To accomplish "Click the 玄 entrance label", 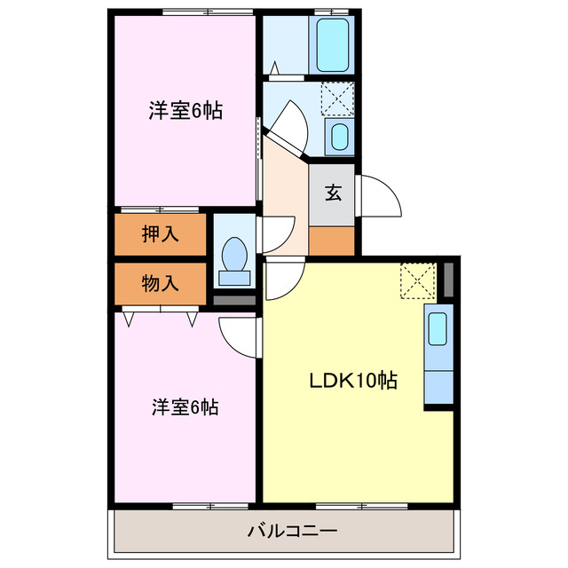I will (333, 193).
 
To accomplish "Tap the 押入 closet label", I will (160, 234).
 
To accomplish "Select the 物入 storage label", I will (160, 284).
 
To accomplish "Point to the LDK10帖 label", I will (352, 381).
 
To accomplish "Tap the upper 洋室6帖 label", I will (185, 111).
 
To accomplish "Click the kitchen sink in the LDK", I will (438, 329).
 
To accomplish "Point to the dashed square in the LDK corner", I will (416, 280).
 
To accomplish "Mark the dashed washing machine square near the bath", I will (336, 97).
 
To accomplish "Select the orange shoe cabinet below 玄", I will (332, 240).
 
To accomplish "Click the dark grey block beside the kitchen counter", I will (448, 280).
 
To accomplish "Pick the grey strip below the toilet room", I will (235, 300).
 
